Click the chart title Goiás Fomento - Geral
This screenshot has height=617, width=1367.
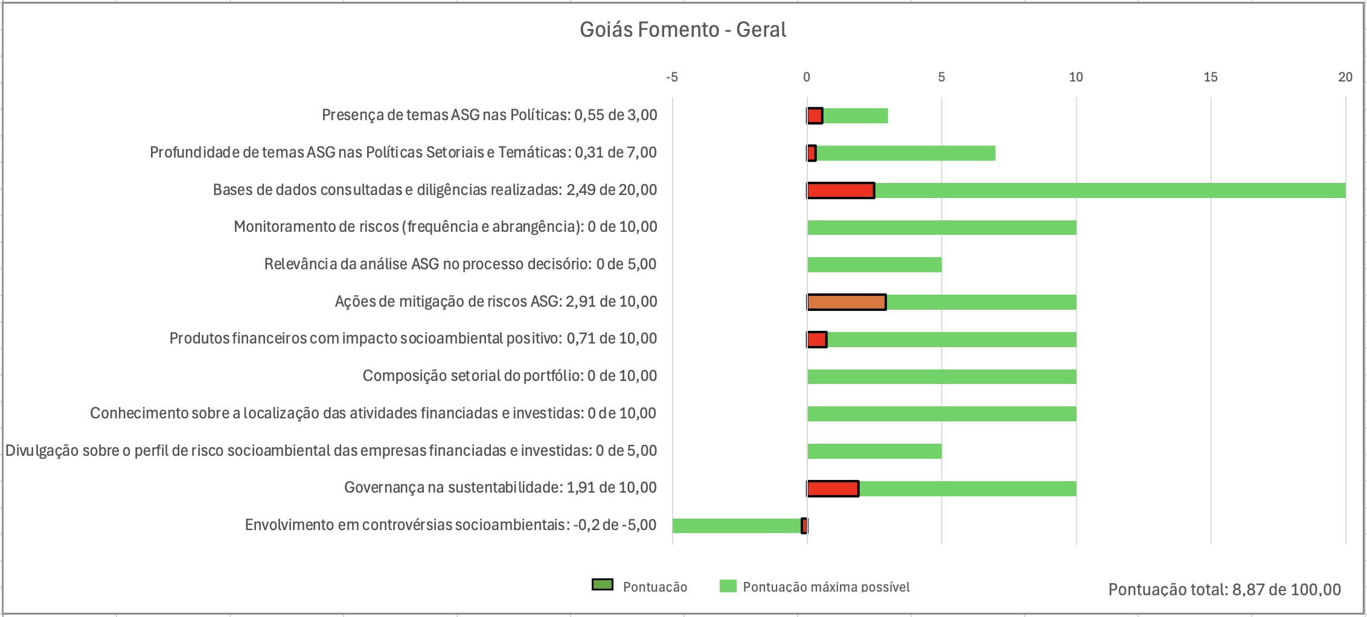[682, 30]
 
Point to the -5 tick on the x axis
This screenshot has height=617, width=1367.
[672, 77]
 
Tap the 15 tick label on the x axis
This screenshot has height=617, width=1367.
[1210, 77]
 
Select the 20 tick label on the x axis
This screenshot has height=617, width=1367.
[1345, 77]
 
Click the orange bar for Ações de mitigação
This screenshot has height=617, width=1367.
[847, 302]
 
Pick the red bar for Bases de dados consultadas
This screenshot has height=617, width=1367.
[840, 190]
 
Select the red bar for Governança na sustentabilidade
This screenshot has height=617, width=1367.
[833, 488]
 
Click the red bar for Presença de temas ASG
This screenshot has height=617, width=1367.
[815, 116]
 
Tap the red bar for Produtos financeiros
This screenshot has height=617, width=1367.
[817, 340]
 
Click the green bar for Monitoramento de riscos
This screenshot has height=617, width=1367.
[941, 228]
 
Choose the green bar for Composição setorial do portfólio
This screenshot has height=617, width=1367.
[941, 377]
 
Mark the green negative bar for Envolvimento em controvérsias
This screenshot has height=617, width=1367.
[737, 526]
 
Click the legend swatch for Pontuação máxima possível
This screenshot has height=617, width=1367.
[728, 586]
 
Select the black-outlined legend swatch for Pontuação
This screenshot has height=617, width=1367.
[602, 585]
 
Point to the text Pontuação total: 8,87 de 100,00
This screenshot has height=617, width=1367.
[1224, 590]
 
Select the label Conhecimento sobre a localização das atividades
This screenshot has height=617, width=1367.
[373, 414]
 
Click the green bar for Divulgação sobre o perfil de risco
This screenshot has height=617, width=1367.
[874, 451]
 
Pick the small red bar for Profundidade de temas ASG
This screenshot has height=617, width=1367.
[812, 153]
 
